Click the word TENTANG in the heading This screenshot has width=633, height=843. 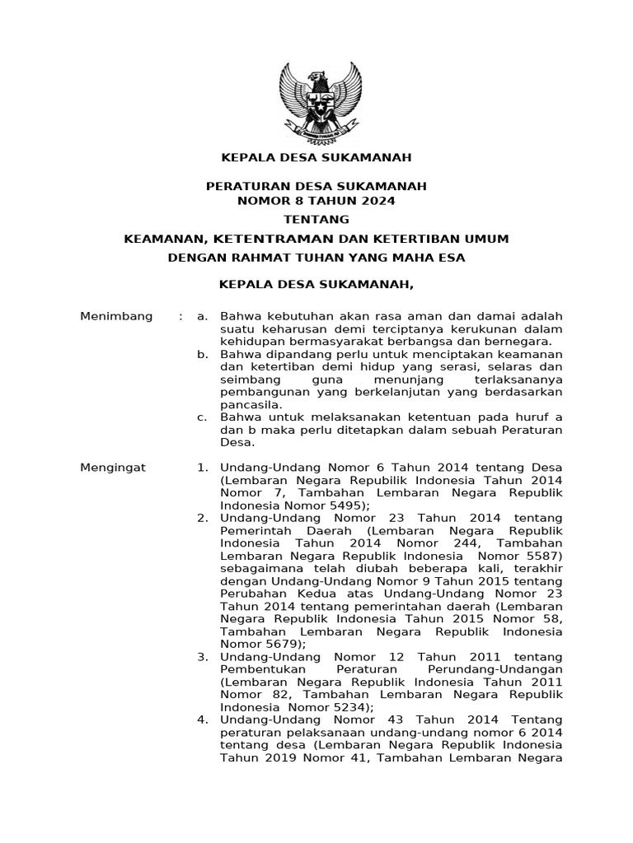click(316, 219)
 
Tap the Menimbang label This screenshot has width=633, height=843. click(116, 316)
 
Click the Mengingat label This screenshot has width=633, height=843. click(112, 468)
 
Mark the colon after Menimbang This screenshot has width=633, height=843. click(181, 316)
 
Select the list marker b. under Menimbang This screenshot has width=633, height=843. click(202, 354)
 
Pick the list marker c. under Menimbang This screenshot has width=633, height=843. click(202, 417)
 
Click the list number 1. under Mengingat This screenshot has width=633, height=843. click(202, 468)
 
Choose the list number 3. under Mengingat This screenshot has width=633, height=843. click(202, 657)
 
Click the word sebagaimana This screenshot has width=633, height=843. click(258, 569)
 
